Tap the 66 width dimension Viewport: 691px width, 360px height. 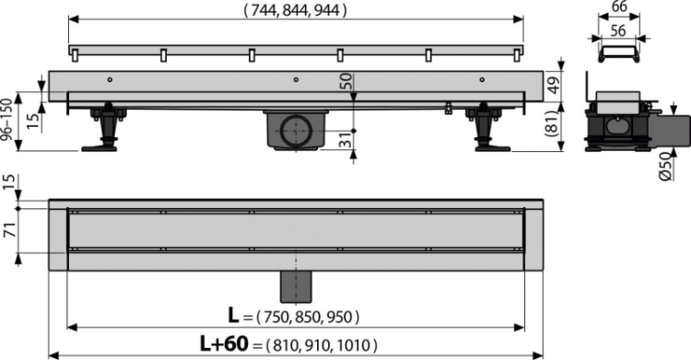click(617, 8)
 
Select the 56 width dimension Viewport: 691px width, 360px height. click(617, 29)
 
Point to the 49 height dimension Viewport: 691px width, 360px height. click(557, 85)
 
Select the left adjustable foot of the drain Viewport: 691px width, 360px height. click(104, 127)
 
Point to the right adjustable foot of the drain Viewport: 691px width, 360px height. click(484, 128)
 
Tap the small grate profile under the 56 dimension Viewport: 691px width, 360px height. click(617, 49)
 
